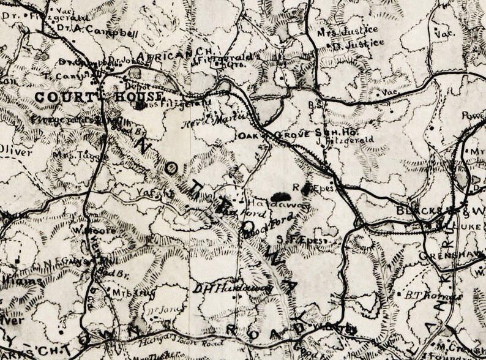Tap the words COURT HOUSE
98,97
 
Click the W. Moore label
85,230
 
